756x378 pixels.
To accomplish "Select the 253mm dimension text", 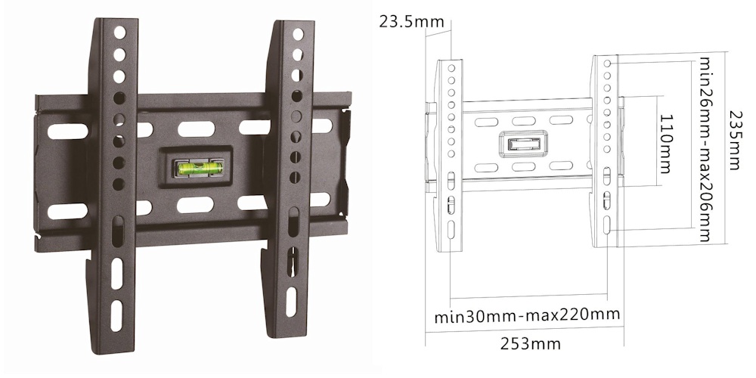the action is click(x=531, y=344).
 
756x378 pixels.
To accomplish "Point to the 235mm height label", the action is click(x=735, y=141).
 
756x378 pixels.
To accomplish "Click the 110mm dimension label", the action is click(x=666, y=144).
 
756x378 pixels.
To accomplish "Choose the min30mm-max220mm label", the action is click(x=527, y=316).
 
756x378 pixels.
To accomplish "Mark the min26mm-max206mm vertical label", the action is click(x=705, y=149).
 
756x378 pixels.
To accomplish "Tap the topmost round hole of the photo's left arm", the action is click(x=119, y=33).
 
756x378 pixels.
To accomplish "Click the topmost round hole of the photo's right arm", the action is click(x=298, y=34).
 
